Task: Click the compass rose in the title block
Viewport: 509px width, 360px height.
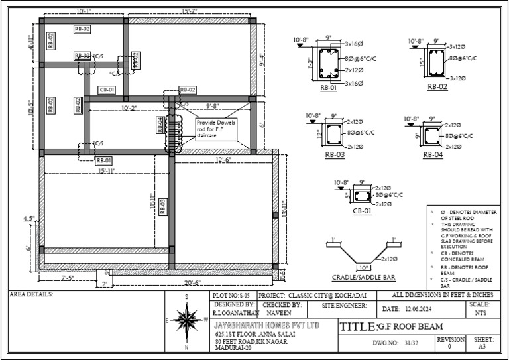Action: [x=188, y=323]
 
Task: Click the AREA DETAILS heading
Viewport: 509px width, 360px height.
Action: [x=32, y=294]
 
